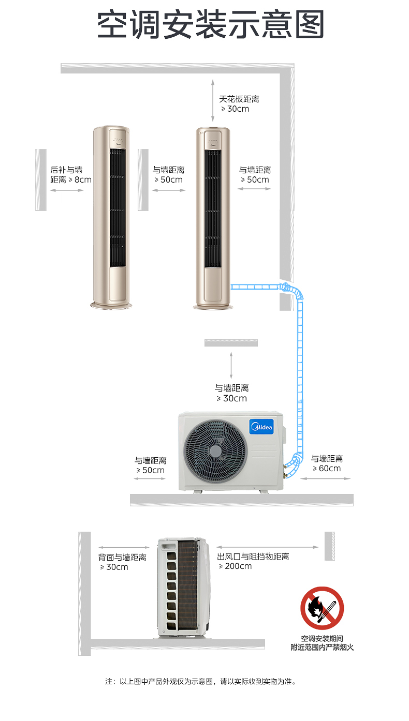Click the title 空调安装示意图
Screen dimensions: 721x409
(211, 24)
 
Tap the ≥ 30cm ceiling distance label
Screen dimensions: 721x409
(235, 109)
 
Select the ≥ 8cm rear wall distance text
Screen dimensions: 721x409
(71, 180)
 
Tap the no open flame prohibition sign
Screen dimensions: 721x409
(322, 608)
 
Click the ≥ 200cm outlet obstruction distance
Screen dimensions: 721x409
(235, 566)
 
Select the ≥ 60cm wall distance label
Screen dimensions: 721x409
(327, 469)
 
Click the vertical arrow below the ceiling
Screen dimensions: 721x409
(212, 101)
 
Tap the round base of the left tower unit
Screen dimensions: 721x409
(109, 306)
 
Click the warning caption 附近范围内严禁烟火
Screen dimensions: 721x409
(322, 647)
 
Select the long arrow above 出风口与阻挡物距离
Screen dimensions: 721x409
(267, 547)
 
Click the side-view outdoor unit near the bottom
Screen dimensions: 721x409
(183, 587)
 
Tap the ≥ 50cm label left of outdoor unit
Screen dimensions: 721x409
(150, 470)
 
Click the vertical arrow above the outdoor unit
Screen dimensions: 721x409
(231, 365)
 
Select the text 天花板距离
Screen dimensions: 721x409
(239, 99)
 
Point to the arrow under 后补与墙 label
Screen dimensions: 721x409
(67, 190)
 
